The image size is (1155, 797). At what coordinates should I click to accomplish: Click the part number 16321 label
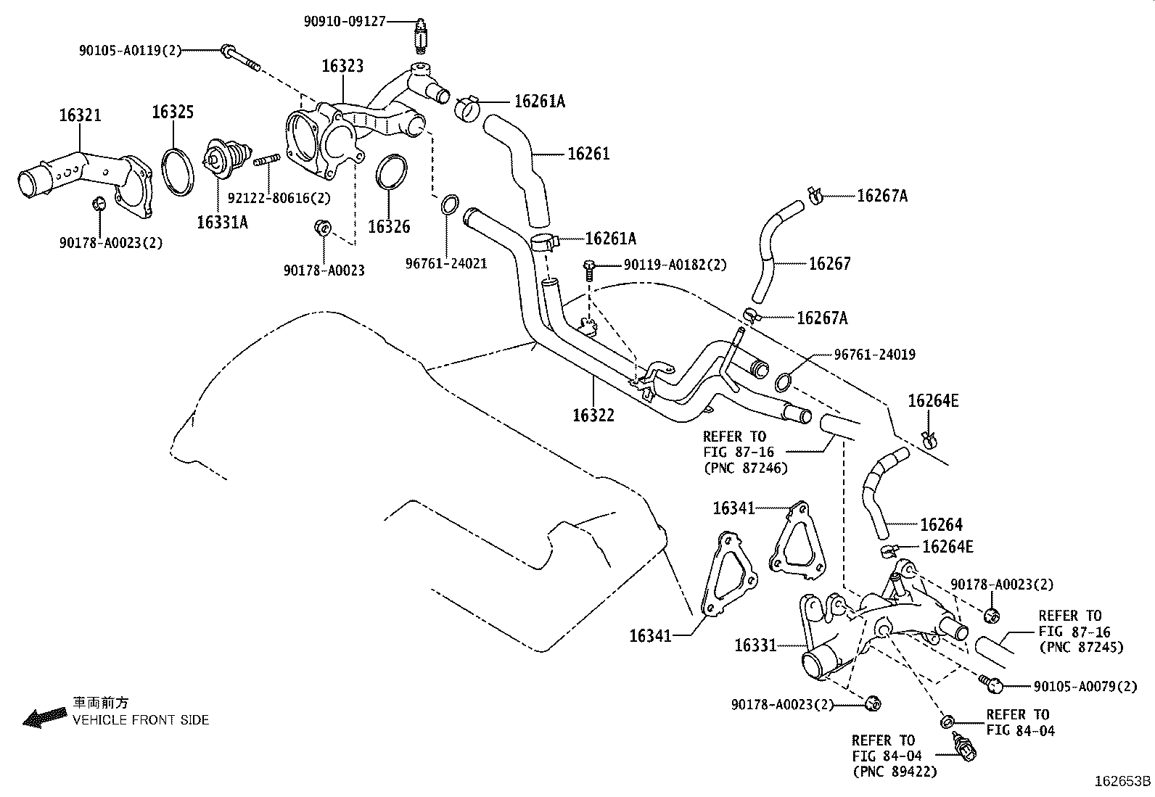80,115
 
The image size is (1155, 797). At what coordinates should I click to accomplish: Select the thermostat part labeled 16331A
218,162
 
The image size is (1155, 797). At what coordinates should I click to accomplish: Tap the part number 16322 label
593,415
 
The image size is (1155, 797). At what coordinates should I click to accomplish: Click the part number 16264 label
941,524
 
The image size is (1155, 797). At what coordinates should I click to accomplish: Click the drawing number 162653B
1123,782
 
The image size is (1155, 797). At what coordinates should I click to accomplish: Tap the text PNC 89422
895,771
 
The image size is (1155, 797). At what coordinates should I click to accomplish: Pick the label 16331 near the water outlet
755,645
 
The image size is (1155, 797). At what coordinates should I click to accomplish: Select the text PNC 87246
745,468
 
